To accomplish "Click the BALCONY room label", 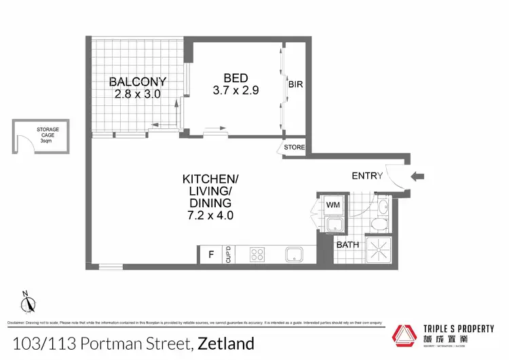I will tap(138, 82).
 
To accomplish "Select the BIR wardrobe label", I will tap(295, 86).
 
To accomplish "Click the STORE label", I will tap(295, 147).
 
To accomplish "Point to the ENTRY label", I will tap(367, 176).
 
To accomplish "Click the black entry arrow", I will tap(418, 177).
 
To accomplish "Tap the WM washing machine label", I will tap(333, 204).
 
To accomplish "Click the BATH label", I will tap(347, 245).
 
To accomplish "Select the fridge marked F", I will tap(211, 255).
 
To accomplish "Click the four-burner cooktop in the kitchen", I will tap(258, 255).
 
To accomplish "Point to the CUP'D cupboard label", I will tap(229, 255).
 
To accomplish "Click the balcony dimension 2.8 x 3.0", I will tap(138, 94).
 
